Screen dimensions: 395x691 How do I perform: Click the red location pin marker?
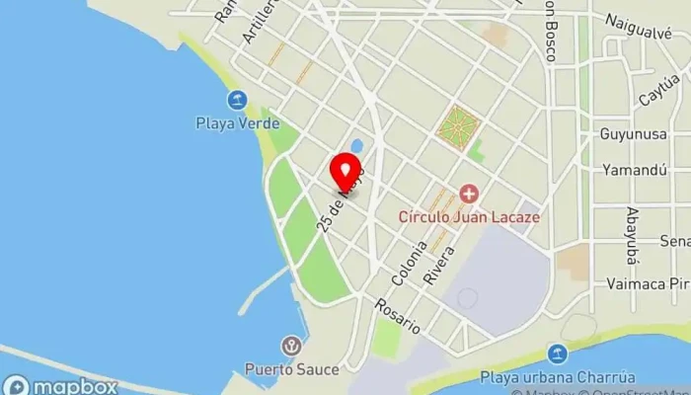click(x=345, y=172)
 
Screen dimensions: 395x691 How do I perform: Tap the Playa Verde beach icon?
click(x=237, y=100)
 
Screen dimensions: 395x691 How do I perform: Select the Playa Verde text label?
click(x=237, y=124)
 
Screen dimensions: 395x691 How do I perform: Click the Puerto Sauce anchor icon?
click(x=291, y=346)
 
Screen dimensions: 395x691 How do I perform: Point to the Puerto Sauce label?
click(x=292, y=369)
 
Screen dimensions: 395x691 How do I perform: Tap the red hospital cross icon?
click(x=469, y=194)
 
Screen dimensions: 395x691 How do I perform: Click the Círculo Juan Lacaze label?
click(x=469, y=216)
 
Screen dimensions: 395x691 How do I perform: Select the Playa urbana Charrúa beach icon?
click(x=558, y=354)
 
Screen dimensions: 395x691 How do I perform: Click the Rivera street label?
click(x=439, y=265)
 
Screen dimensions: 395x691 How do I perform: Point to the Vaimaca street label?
click(x=648, y=283)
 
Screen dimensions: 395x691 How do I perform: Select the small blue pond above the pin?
click(x=356, y=146)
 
